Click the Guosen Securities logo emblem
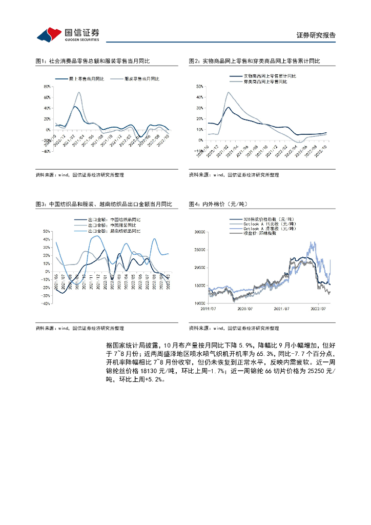coord(49,34)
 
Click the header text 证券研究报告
coord(316,35)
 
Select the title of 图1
coord(92,61)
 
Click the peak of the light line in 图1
coord(79,92)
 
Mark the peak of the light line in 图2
coord(228,92)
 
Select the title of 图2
coord(254,61)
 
